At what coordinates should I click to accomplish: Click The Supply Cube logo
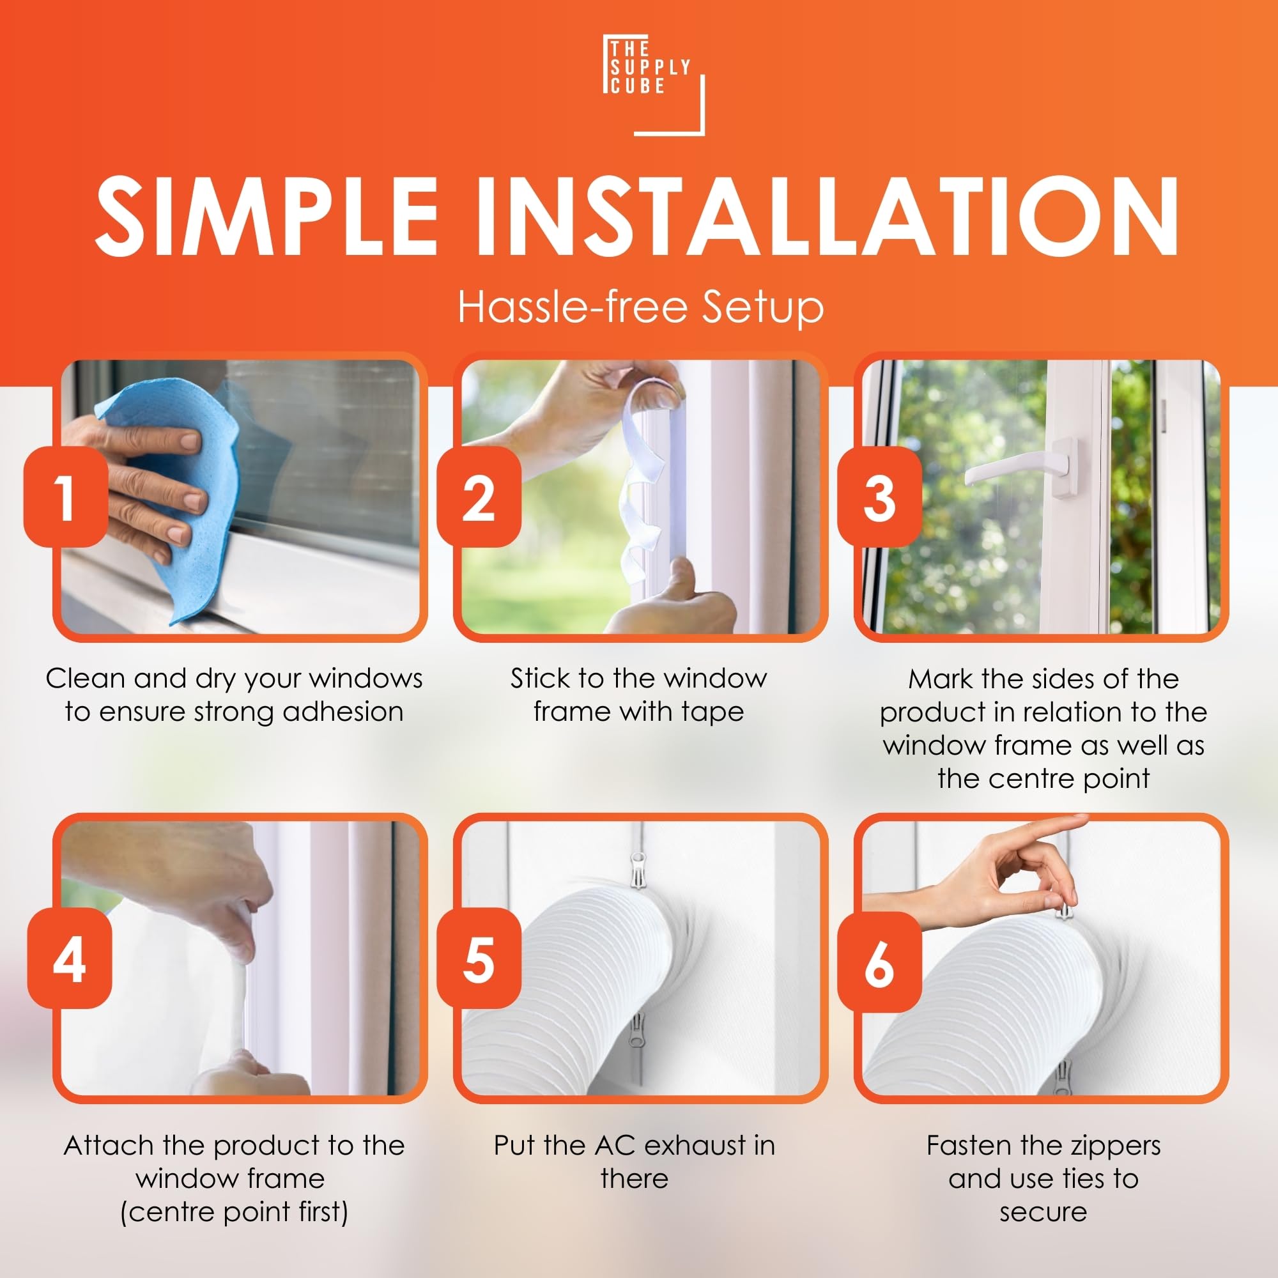tap(654, 85)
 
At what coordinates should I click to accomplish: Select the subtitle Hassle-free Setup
tap(640, 307)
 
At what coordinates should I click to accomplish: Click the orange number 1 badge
tap(66, 496)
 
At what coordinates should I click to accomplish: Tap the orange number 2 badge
tap(479, 496)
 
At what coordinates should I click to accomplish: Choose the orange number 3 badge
tap(880, 496)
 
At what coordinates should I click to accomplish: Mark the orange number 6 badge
tap(880, 960)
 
